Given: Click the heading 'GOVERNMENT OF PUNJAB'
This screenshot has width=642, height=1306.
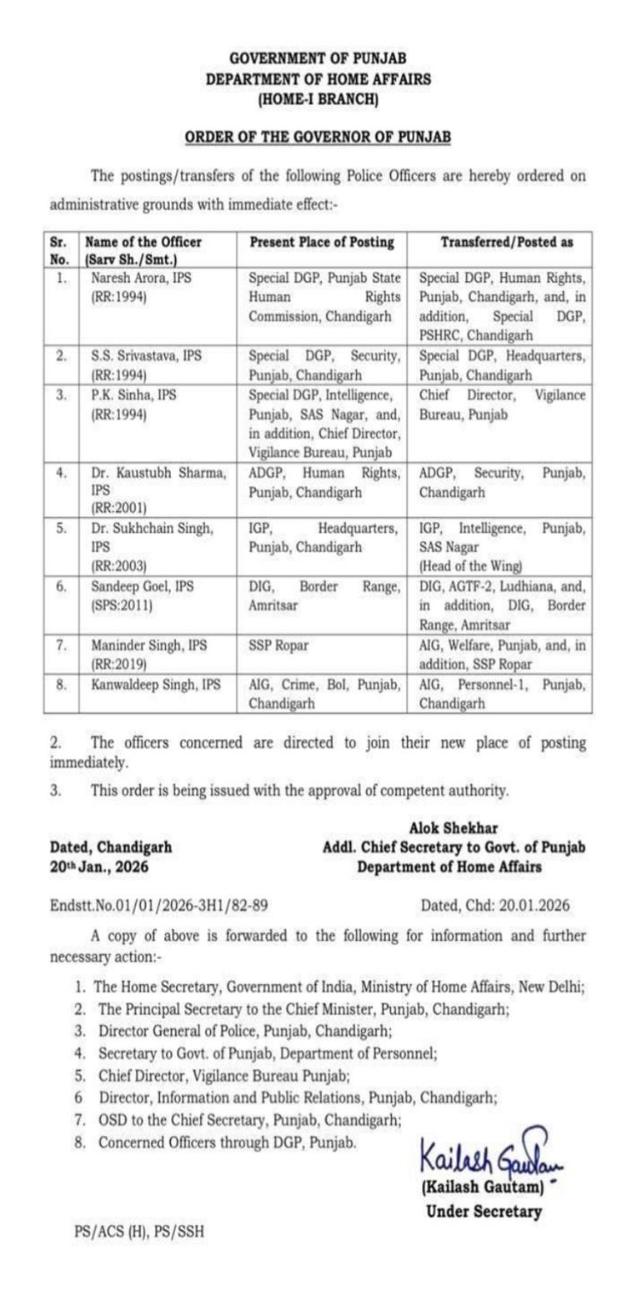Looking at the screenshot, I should [319, 58].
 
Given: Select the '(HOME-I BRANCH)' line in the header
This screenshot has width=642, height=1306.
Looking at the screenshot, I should [319, 101].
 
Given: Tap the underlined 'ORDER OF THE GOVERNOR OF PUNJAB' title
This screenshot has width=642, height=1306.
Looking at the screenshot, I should [319, 136].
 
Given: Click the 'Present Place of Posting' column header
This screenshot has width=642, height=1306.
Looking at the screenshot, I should [322, 242].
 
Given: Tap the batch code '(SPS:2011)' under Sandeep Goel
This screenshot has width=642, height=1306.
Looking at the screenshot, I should [122, 605].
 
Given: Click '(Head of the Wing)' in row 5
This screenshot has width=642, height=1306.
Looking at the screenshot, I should [469, 566].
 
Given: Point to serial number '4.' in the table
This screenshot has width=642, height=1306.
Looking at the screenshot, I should [61, 473].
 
